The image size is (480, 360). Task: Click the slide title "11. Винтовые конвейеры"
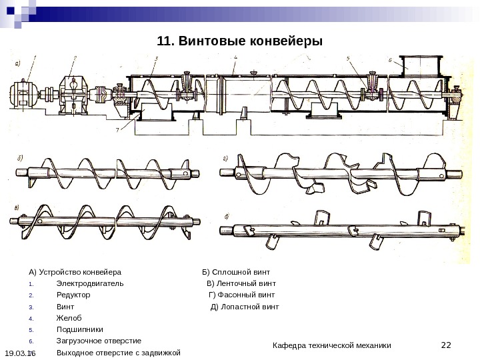point(239,41)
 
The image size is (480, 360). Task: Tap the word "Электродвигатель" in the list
point(90,283)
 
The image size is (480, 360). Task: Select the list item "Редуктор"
point(73,295)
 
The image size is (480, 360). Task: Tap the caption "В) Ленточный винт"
point(241,283)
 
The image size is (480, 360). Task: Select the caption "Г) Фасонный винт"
point(241,295)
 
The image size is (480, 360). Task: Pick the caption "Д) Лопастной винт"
point(245,307)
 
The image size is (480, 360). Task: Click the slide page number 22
point(447,345)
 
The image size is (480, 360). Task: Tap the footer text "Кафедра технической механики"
point(333,345)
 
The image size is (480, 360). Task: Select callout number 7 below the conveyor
point(118,130)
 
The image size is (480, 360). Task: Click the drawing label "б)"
point(20,159)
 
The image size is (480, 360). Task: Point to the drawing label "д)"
point(227,215)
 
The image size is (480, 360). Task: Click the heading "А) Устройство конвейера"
point(75,272)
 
